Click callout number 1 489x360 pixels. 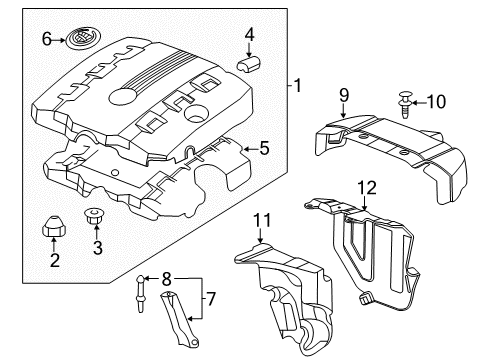click(x=297, y=87)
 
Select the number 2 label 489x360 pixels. click(x=55, y=261)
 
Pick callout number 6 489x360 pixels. click(x=46, y=40)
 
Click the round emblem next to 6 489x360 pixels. click(x=79, y=40)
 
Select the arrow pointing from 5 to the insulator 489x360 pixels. click(x=246, y=149)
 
